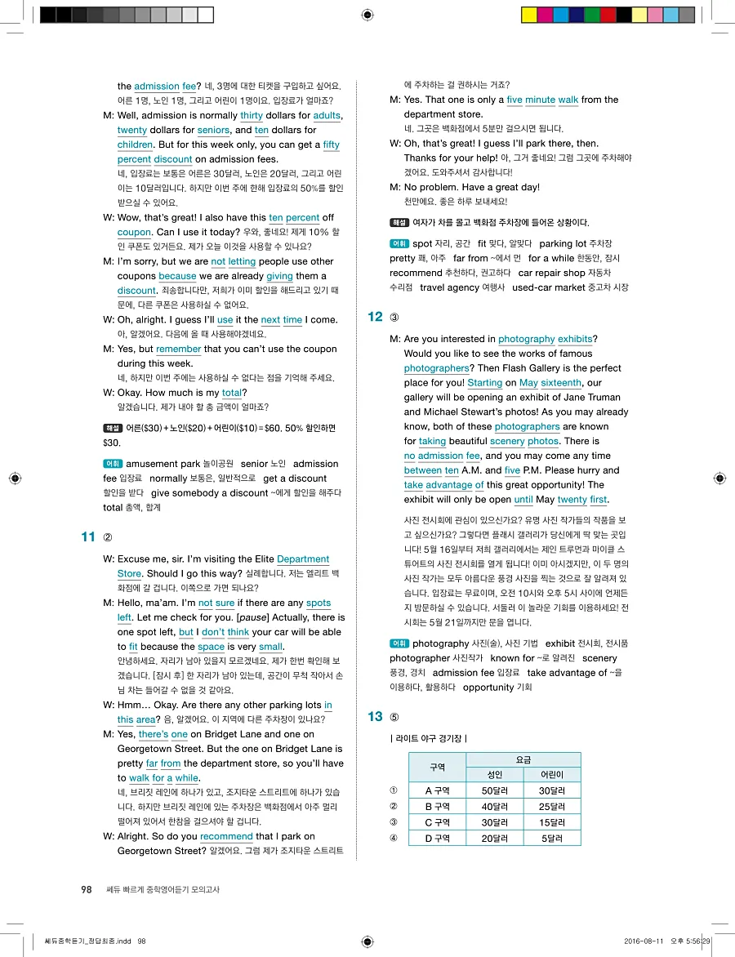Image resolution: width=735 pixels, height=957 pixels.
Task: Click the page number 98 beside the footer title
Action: click(x=86, y=889)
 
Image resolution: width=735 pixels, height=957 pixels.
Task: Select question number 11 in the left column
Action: click(x=89, y=536)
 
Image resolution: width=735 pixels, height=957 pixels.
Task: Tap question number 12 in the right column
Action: click(x=376, y=317)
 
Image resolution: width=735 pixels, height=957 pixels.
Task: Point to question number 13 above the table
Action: click(x=376, y=717)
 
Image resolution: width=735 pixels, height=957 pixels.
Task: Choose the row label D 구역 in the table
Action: click(x=438, y=838)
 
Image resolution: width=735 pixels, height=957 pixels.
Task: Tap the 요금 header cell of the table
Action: click(x=523, y=759)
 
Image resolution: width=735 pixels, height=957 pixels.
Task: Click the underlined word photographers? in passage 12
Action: click(x=438, y=368)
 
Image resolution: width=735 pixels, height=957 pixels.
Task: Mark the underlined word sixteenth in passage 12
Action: click(x=561, y=383)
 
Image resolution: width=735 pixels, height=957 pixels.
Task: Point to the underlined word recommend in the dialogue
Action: click(x=226, y=837)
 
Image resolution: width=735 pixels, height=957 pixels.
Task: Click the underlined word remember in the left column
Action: click(x=178, y=349)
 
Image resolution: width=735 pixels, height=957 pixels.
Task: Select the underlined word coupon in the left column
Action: click(x=135, y=233)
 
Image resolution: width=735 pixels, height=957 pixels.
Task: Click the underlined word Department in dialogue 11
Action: click(x=303, y=559)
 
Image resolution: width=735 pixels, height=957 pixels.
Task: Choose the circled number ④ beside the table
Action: click(x=394, y=838)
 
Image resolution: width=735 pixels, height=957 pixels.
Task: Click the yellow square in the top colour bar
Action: click(x=528, y=15)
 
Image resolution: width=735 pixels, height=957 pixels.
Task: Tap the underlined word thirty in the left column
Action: click(x=252, y=116)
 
